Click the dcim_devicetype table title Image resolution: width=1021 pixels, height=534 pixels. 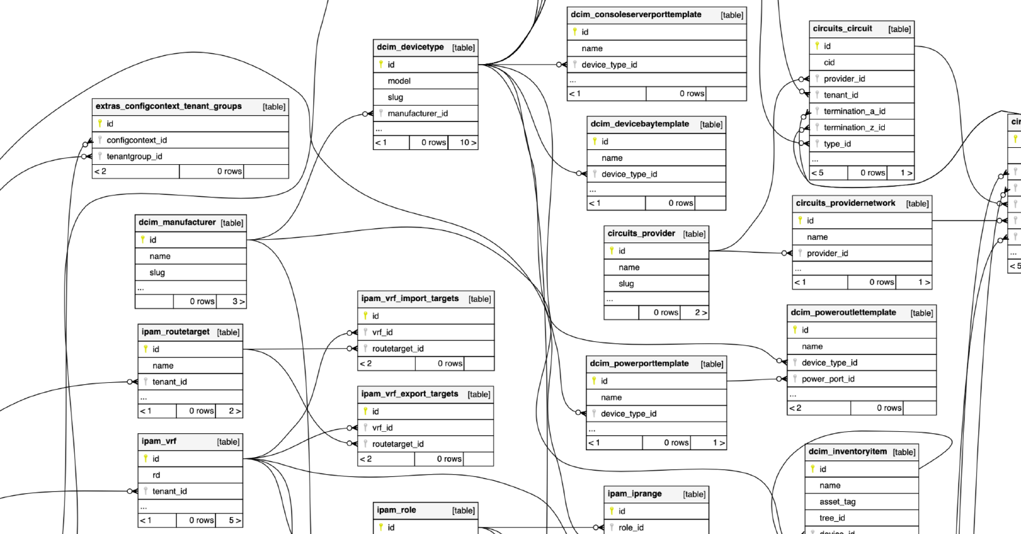(x=410, y=47)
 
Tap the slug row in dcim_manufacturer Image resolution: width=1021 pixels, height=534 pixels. (x=191, y=272)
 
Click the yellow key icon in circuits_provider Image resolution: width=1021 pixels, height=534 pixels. (x=612, y=251)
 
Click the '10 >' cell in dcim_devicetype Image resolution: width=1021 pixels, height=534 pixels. (x=463, y=143)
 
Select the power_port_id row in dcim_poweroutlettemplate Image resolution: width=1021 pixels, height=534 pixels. (x=862, y=379)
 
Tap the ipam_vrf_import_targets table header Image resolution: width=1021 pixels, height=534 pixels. (x=425, y=299)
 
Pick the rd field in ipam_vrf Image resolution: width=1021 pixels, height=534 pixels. (x=190, y=475)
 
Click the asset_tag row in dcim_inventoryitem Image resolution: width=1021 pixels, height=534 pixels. (x=862, y=502)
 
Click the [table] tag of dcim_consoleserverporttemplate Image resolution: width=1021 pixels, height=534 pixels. (x=732, y=15)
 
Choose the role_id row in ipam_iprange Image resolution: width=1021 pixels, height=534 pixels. (x=656, y=528)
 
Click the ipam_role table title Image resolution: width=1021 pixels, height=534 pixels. (x=396, y=510)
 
